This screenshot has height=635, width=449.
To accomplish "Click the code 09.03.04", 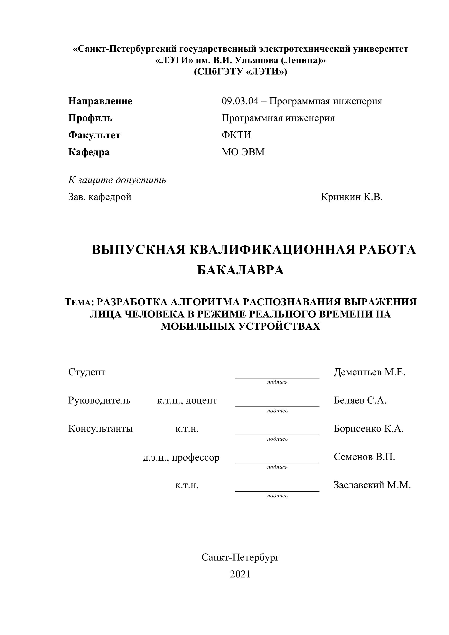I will coord(240,101).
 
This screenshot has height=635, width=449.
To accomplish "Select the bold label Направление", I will coord(100,101).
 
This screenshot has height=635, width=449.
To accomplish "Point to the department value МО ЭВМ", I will coord(243,152).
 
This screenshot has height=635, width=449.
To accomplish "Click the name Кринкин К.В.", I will coord(352,197).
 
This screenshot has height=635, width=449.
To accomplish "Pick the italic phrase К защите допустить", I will coord(117,180).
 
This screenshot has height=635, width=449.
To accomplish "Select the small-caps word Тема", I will coord(78,302).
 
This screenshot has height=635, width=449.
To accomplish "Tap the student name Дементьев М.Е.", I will coord(369,372).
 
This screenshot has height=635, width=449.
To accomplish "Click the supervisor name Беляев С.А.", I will coord(360,400).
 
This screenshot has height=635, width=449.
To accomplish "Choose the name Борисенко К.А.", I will coord(368,429).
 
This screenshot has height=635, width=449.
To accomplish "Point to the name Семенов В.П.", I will coord(364,457).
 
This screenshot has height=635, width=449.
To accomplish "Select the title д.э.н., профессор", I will coord(181,457).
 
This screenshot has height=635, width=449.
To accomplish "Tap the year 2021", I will coord(240,574).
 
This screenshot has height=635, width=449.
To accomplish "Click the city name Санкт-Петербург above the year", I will coord(240,557).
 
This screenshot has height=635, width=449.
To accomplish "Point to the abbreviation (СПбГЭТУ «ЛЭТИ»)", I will coord(240,72).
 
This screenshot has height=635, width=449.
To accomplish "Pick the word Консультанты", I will coord(100,429).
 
